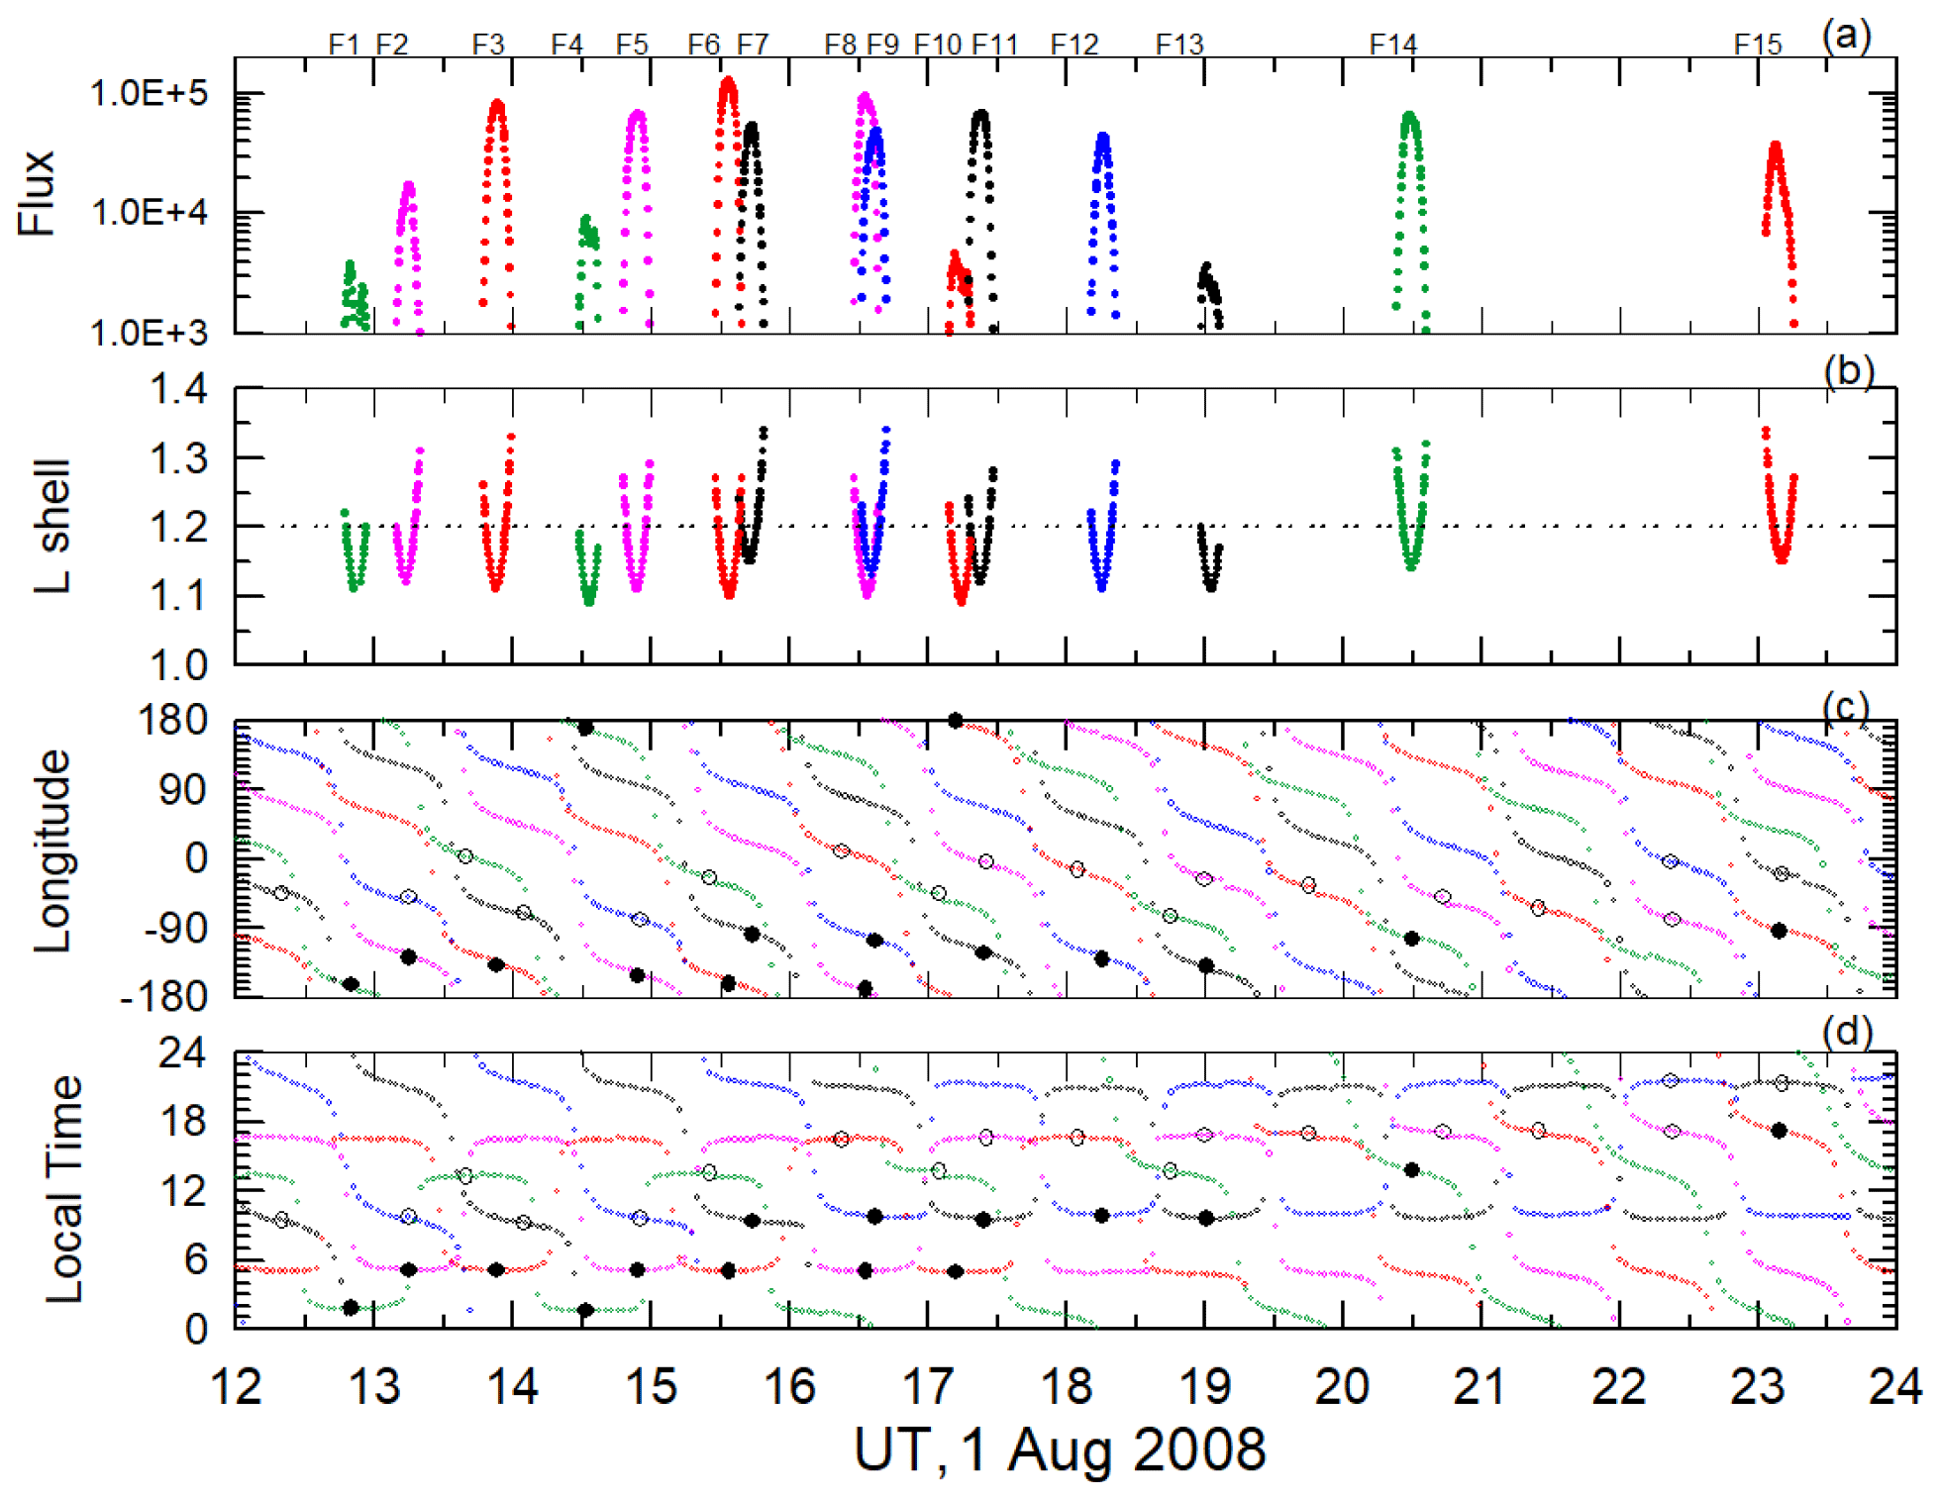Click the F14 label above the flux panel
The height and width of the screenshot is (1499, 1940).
[x=1392, y=45]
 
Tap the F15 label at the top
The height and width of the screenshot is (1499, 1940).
[x=1757, y=45]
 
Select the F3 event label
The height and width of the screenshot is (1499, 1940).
[x=487, y=45]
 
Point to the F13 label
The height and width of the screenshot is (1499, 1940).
[x=1178, y=45]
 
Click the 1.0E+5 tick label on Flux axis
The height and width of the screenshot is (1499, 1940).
[x=149, y=94]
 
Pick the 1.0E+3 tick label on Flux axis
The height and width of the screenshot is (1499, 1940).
[x=149, y=333]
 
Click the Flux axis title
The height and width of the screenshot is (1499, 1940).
[x=37, y=193]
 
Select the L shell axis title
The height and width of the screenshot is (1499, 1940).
[x=51, y=526]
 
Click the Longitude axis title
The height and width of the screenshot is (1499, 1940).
[x=51, y=851]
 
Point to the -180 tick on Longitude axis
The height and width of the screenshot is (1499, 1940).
[x=163, y=996]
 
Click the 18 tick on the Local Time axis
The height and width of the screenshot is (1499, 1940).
[x=182, y=1121]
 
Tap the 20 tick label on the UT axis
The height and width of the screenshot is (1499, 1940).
[x=1342, y=1386]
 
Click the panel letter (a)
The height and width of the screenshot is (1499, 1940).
[x=1846, y=37]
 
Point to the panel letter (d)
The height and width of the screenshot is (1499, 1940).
[x=1847, y=1033]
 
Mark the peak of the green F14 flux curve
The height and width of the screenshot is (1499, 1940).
[x=1409, y=117]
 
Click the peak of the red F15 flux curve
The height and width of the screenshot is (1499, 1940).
[x=1775, y=147]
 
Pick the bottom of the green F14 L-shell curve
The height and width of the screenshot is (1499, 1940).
[x=1410, y=567]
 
